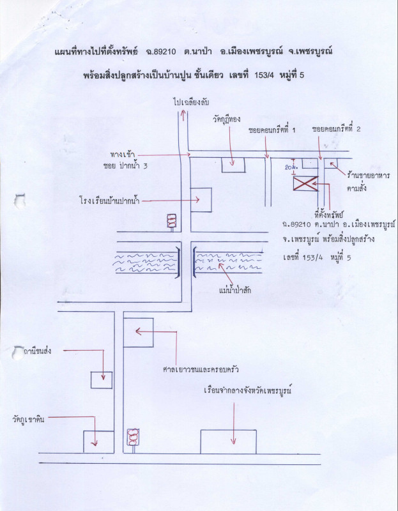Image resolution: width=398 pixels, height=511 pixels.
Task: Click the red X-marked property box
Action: [305, 184]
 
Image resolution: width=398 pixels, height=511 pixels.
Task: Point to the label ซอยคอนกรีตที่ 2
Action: [337, 129]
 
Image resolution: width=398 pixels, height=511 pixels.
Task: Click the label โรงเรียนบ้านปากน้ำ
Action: [106, 200]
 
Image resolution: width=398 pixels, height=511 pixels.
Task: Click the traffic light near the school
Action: [171, 221]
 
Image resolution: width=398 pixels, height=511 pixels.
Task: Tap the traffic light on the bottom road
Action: [134, 437]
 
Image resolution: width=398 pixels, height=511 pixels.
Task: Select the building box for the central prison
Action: [228, 441]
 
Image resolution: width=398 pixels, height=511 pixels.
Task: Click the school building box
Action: [201, 199]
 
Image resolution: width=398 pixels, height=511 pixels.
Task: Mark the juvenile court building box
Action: [138, 332]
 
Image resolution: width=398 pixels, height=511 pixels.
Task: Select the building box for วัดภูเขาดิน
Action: [98, 441]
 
